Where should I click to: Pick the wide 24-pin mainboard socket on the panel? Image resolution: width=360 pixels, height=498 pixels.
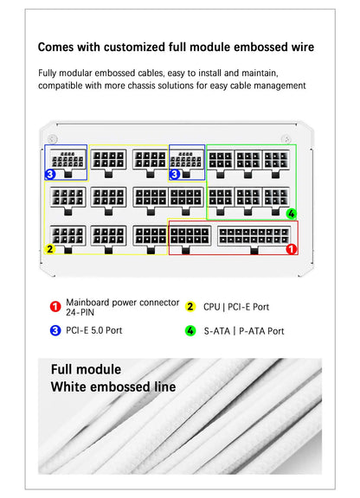pos(254,235)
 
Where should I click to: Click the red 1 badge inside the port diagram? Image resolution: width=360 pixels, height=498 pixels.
pos(291,249)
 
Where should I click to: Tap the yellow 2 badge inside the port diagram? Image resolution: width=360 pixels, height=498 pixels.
pos(50,249)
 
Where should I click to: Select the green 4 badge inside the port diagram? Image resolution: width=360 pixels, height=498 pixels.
pos(292,214)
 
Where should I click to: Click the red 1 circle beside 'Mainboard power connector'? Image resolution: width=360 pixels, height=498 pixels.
pos(55,307)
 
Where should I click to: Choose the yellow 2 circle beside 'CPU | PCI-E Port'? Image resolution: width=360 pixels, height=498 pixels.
pos(190,307)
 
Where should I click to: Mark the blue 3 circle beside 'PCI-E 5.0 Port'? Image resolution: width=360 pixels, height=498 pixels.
pos(55,330)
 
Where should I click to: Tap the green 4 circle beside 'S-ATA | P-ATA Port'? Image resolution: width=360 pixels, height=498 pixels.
pos(190,331)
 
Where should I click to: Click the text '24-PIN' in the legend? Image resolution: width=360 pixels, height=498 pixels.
pos(80,313)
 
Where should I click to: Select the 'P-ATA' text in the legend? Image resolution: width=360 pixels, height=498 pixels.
pos(252,331)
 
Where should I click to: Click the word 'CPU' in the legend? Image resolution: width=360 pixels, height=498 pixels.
pos(211,307)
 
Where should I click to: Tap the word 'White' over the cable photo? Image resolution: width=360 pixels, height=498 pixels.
pos(68,386)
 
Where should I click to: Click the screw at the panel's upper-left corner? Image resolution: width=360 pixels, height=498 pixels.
pos(53,139)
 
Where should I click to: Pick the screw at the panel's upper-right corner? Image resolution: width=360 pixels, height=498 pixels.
pos(286,139)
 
